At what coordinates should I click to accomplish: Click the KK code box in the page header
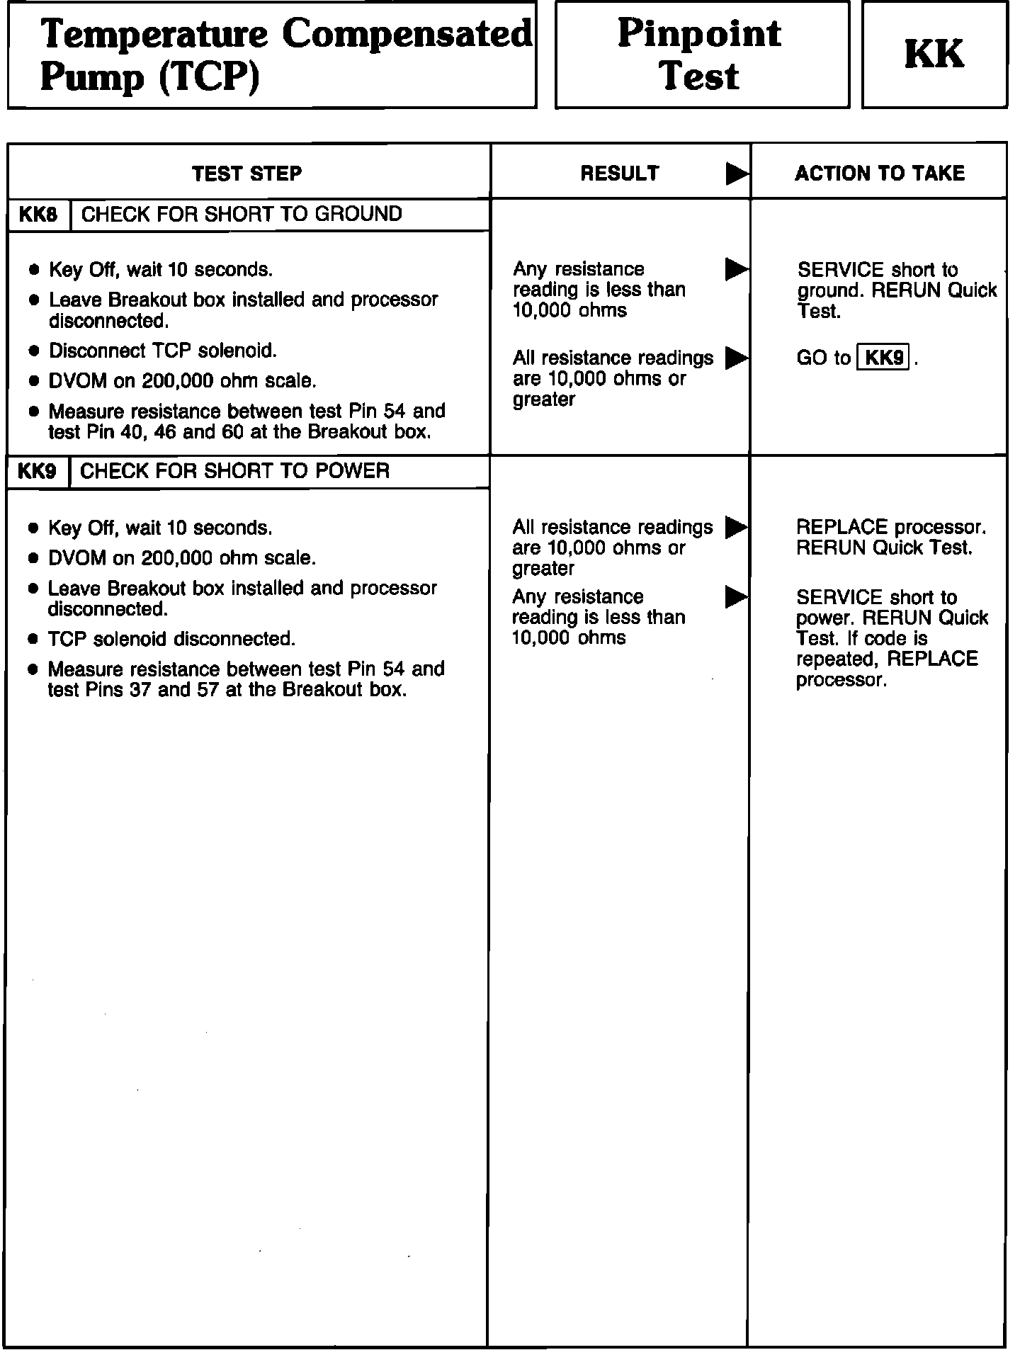934,55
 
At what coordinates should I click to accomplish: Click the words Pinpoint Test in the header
700,55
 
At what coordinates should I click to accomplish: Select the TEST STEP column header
246,174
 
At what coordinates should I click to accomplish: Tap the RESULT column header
619,174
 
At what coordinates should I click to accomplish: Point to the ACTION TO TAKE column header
879,174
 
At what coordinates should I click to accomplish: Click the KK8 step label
38,215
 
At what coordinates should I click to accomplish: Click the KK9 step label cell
38,472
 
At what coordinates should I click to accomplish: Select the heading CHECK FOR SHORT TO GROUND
242,214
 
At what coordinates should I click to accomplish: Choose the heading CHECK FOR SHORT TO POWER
234,471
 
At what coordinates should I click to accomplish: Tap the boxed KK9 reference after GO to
883,358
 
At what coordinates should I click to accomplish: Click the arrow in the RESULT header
737,174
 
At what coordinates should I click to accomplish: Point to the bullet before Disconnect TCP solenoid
33,351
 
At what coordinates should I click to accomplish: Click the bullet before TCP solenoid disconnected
33,640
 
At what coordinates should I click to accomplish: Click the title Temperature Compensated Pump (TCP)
283,55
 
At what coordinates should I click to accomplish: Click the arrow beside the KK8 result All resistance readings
737,358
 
